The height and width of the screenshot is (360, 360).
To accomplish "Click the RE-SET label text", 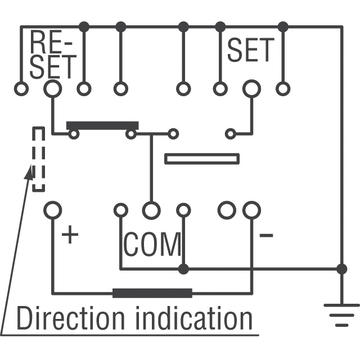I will click(52, 55).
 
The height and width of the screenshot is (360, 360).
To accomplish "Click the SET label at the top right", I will click(251, 51).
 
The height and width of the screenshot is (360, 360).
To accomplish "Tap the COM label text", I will click(152, 244).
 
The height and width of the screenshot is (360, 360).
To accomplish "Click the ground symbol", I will click(341, 314).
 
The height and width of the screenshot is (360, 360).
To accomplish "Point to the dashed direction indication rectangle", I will click(38, 159).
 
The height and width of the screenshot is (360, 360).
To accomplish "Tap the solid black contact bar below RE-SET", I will click(102, 125).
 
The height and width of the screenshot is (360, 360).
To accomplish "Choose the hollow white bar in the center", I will click(201, 159).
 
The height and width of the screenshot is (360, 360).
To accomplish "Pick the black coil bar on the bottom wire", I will click(152, 292).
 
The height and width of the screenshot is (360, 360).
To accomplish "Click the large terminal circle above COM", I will click(151, 210).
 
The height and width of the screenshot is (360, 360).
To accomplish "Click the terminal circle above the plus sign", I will click(52, 210).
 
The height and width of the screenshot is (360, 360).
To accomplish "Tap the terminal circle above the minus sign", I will click(251, 210).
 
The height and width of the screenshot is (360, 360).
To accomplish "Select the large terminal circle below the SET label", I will click(251, 88).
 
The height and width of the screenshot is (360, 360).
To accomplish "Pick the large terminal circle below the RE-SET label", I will click(52, 88).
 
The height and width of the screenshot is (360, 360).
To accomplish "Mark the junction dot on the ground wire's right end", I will click(341, 268).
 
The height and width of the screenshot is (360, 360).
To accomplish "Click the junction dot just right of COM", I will click(183, 268).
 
